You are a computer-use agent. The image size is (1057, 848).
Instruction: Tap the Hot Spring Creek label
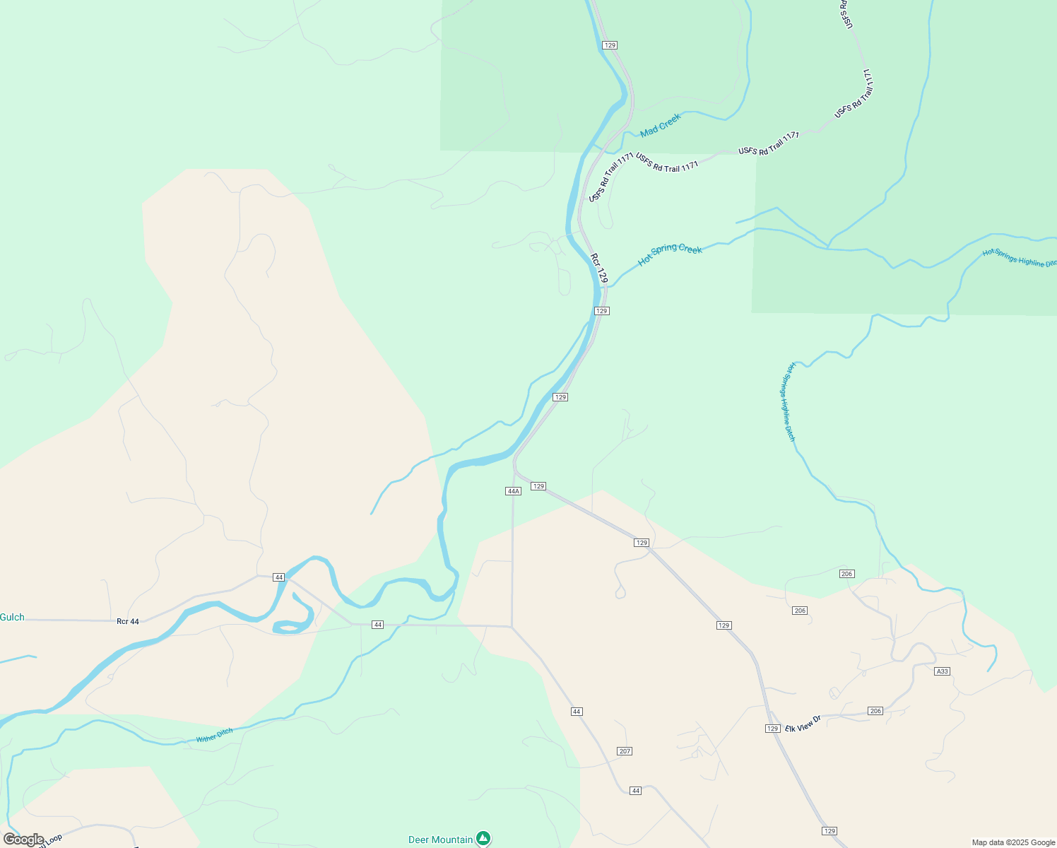(670, 254)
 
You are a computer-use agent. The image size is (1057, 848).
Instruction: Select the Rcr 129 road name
(599, 268)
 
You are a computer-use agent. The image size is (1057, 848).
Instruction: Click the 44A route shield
(514, 491)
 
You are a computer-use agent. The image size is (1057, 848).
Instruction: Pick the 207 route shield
(625, 751)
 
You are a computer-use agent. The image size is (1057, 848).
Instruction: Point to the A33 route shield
(942, 671)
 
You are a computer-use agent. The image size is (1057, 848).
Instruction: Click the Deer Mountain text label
(441, 840)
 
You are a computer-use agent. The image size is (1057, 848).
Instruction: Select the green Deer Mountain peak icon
(483, 838)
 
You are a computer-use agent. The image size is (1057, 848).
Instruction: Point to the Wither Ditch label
(214, 736)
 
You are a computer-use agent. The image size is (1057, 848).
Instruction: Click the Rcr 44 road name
(128, 622)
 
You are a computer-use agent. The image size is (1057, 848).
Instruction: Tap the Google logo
(23, 840)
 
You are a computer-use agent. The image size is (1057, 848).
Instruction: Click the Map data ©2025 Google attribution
(1013, 842)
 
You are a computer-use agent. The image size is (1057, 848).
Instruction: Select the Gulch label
(12, 618)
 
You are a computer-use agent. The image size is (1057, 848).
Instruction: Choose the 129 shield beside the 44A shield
(538, 486)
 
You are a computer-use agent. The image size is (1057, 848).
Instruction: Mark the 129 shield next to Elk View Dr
(772, 729)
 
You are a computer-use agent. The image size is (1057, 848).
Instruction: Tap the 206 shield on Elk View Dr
(875, 711)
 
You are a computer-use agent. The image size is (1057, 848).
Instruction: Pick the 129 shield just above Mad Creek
(610, 45)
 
